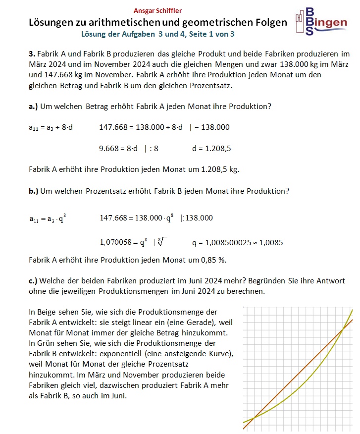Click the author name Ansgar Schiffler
(158, 11)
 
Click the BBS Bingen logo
(320, 21)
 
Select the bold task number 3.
(31, 54)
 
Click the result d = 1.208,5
(211, 148)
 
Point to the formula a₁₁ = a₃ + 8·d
(51, 127)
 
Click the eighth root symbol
(161, 242)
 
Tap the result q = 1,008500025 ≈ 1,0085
(237, 243)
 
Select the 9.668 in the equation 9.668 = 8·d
(109, 148)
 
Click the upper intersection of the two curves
(343, 329)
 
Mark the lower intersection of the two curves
(254, 419)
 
